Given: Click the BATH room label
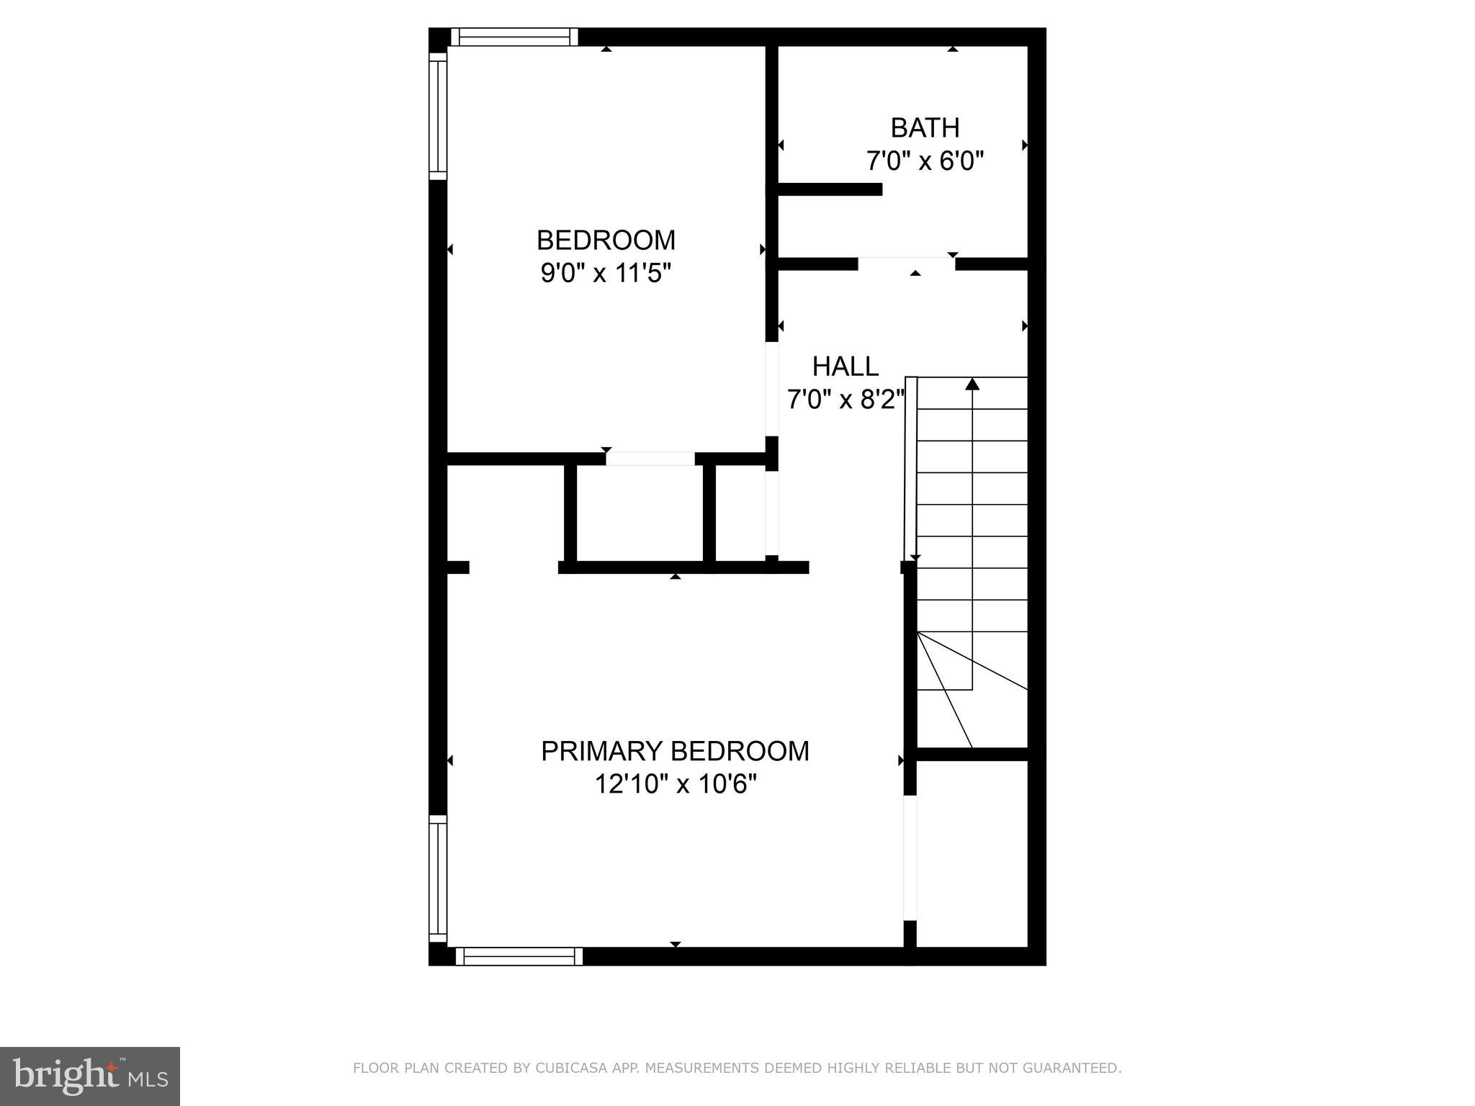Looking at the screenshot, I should (x=925, y=128).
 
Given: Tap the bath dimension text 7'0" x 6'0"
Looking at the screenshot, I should (x=925, y=161).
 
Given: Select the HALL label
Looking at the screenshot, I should (x=846, y=367).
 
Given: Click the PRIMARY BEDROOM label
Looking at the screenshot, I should (x=675, y=752).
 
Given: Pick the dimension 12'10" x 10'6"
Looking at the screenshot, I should (x=675, y=784).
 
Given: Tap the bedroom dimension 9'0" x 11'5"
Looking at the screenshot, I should (x=606, y=274).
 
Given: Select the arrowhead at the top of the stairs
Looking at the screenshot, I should (x=972, y=384).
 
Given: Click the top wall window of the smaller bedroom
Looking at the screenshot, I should (x=514, y=37).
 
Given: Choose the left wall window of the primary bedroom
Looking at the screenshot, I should (x=438, y=878).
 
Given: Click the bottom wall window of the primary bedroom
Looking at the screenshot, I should (x=519, y=956).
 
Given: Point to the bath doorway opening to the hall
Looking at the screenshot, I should (x=906, y=264).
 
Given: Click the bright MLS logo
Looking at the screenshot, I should (x=89, y=1076).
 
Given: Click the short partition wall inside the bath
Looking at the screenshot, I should (x=830, y=189).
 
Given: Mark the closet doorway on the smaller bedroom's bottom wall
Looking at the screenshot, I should (x=650, y=459).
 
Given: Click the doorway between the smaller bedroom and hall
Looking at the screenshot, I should (x=771, y=389).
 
